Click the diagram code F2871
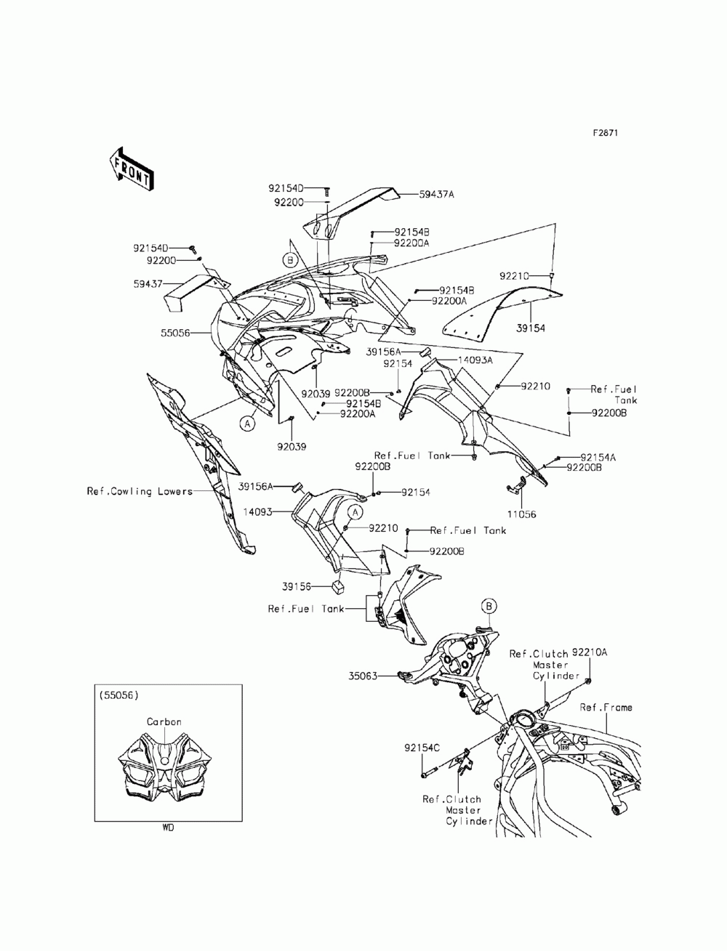605,133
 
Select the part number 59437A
436,195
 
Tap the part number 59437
148,284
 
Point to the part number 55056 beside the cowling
175,333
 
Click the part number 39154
530,328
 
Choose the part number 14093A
475,360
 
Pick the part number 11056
521,514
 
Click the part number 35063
363,676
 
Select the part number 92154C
422,748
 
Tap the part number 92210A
590,652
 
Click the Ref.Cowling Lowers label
140,491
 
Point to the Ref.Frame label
606,707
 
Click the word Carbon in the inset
164,722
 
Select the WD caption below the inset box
168,827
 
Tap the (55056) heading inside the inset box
119,695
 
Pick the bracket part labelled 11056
516,485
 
